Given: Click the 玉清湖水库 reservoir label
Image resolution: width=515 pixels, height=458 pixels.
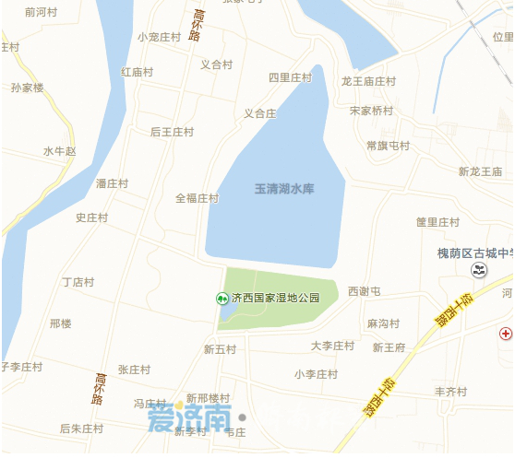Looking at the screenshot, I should pyautogui.click(x=284, y=189).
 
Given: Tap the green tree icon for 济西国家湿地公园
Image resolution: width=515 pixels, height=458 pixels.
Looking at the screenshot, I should pyautogui.click(x=222, y=298).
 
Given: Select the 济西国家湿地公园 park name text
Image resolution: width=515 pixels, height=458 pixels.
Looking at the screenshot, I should pyautogui.click(x=276, y=298).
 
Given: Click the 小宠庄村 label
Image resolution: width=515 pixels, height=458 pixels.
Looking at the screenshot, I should pyautogui.click(x=160, y=37).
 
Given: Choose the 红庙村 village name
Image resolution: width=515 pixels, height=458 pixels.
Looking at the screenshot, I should pyautogui.click(x=137, y=72).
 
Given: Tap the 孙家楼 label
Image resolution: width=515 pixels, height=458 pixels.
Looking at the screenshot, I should pyautogui.click(x=27, y=88).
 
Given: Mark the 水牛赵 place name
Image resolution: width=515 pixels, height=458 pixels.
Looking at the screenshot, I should pyautogui.click(x=60, y=150).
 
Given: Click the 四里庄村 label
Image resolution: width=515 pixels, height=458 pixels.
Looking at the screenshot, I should pyautogui.click(x=291, y=78).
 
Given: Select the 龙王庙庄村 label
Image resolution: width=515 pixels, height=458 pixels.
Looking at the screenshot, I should pyautogui.click(x=368, y=81).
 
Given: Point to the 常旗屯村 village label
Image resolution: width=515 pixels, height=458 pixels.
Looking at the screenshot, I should pyautogui.click(x=388, y=146).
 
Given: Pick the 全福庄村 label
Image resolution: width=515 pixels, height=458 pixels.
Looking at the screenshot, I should pyautogui.click(x=197, y=198).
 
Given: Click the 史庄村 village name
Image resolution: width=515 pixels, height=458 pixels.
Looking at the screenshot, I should pyautogui.click(x=92, y=217).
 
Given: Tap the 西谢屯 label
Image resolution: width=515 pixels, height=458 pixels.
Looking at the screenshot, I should pyautogui.click(x=365, y=291).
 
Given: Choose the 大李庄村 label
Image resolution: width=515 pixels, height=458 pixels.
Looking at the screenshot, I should pyautogui.click(x=332, y=346).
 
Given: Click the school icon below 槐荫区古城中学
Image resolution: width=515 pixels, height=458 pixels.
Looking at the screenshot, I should pyautogui.click(x=478, y=270).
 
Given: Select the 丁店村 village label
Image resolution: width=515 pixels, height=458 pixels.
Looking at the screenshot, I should pyautogui.click(x=78, y=281).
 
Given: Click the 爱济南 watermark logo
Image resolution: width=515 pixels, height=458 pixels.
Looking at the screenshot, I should pyautogui.click(x=188, y=419).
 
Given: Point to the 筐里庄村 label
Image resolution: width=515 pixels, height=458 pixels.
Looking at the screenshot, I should pyautogui.click(x=437, y=222).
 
